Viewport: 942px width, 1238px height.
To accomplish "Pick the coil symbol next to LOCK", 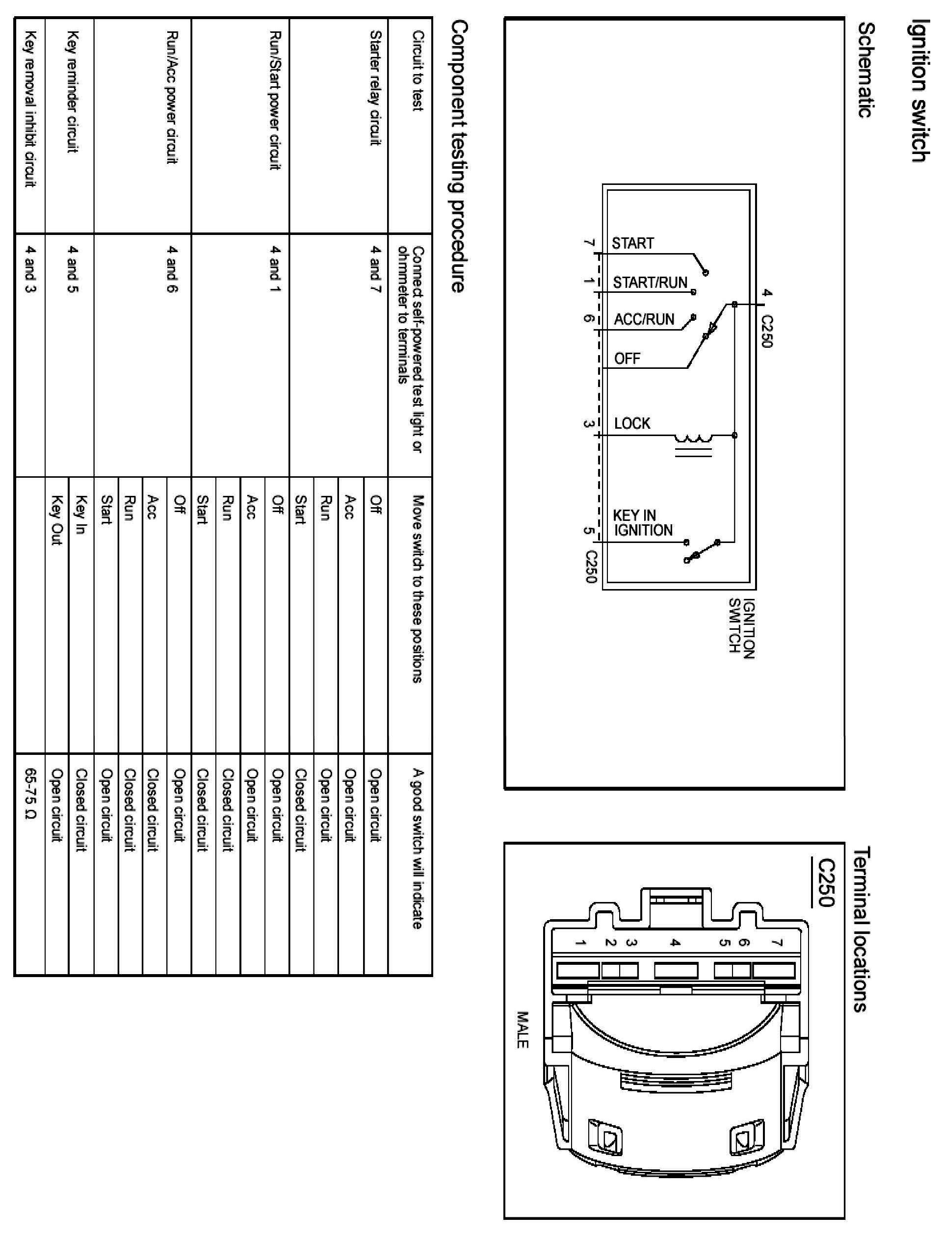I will coord(694,439).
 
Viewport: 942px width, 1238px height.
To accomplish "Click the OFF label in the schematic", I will coord(627,359).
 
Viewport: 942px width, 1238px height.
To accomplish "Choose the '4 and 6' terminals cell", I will coord(172,269).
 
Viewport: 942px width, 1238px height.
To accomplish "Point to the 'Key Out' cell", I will coord(56,519).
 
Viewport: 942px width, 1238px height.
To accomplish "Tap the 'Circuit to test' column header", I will coord(417,71).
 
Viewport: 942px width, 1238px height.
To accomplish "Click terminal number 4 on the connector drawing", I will coord(676,943).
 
